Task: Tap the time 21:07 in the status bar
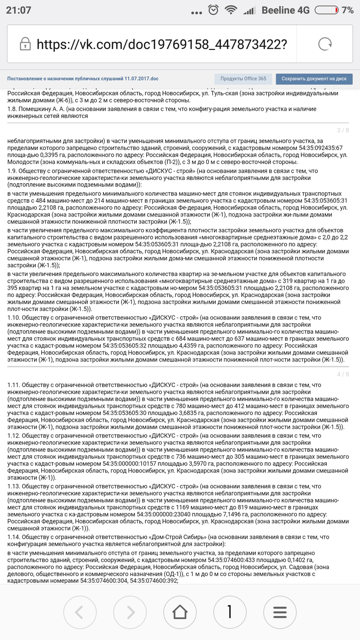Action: tap(18, 10)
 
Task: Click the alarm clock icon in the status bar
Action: tap(214, 9)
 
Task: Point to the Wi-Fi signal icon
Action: tap(232, 10)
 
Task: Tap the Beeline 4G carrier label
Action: tap(285, 10)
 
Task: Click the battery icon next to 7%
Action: tap(327, 10)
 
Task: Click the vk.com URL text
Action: tap(162, 44)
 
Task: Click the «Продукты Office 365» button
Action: tap(243, 79)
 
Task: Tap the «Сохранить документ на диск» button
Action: tap(314, 79)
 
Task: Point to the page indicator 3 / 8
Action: tap(343, 131)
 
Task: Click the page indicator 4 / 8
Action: tap(343, 374)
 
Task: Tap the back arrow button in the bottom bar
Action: tap(80, 612)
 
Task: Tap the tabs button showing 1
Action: tap(229, 612)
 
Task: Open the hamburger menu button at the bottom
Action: tap(280, 612)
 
